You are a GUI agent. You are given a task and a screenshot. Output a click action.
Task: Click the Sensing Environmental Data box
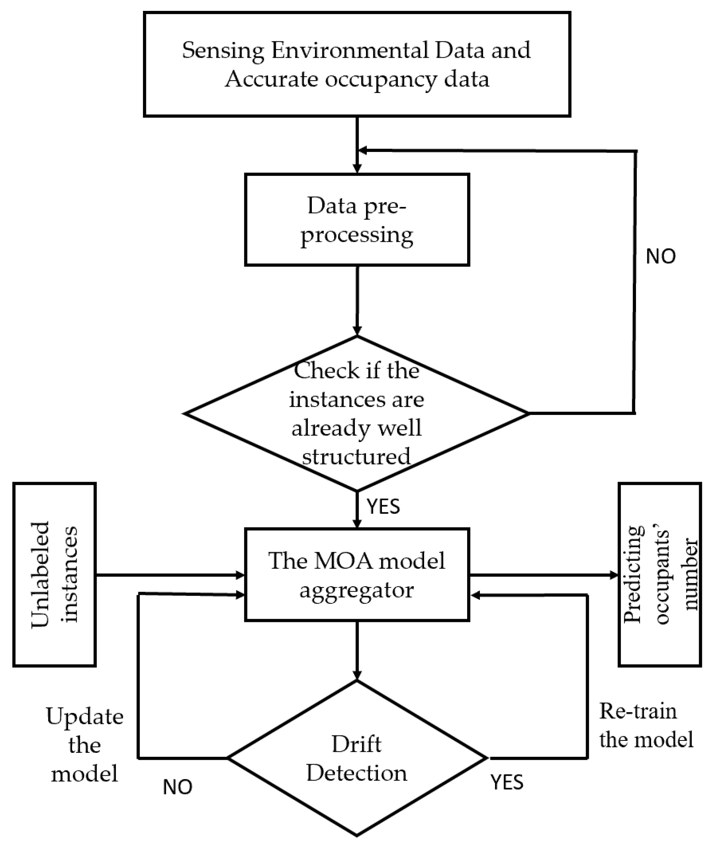click(357, 64)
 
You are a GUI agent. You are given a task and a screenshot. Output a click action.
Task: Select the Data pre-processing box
click(357, 220)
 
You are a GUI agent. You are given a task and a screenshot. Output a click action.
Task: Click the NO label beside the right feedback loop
click(660, 257)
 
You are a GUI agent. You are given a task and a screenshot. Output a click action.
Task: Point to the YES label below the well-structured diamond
click(383, 506)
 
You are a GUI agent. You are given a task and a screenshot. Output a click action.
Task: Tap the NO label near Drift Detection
click(177, 787)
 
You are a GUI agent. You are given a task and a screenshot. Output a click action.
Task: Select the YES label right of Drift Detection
click(507, 782)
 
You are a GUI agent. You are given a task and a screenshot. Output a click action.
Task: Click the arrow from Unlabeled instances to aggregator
click(169, 575)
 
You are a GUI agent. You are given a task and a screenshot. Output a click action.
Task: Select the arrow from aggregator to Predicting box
click(543, 575)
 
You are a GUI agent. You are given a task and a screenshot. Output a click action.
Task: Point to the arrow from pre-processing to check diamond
click(357, 300)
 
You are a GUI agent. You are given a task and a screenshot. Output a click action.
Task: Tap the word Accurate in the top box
click(271, 79)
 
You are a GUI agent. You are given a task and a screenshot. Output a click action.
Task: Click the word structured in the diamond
click(357, 456)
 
